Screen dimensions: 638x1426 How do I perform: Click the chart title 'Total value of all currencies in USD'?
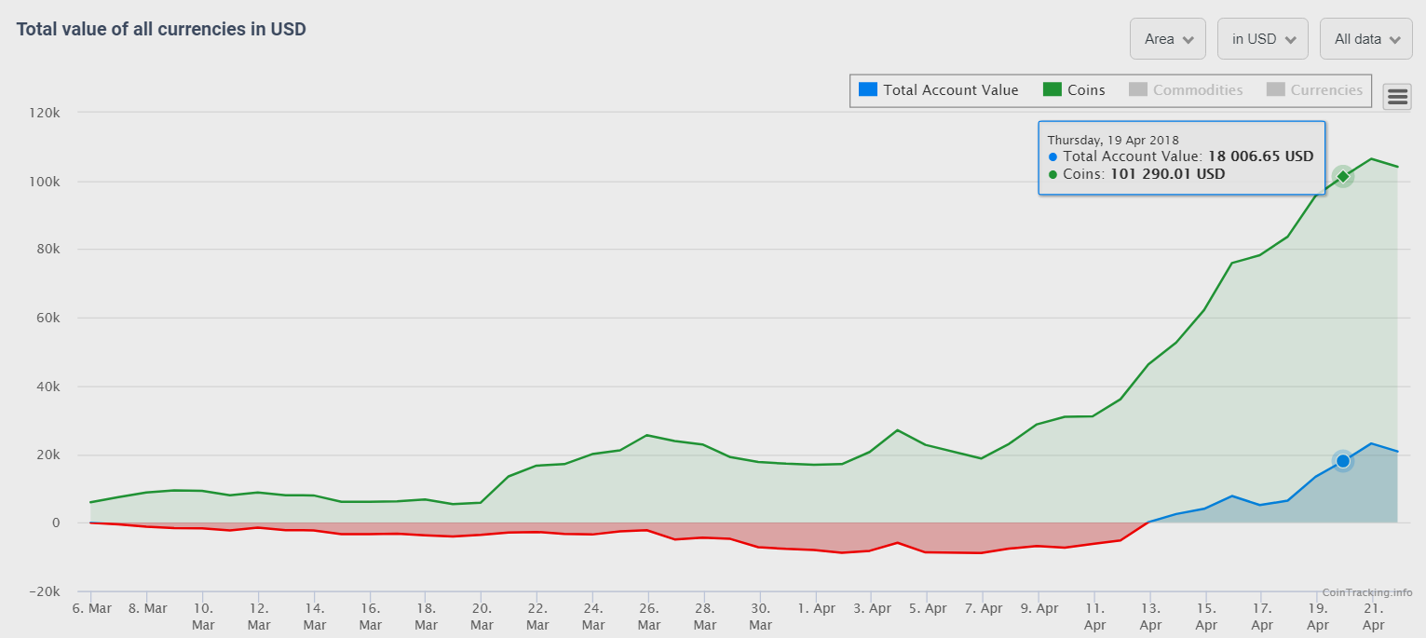click(161, 29)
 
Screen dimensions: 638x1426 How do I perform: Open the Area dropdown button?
click(1167, 39)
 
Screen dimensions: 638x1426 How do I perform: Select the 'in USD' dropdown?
click(1262, 39)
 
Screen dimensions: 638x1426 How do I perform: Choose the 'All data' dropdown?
click(1365, 39)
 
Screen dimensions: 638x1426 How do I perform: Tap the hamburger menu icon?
click(1397, 96)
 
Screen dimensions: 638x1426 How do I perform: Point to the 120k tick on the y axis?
click(44, 113)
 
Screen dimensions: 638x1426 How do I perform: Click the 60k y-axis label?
click(47, 318)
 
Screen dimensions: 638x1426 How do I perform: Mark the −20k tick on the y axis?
click(43, 591)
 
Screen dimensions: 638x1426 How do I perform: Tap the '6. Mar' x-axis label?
click(91, 608)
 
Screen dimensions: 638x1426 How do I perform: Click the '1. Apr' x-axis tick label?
click(816, 608)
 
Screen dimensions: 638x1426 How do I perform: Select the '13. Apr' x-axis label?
click(1150, 617)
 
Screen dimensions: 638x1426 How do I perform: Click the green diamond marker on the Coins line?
click(1342, 177)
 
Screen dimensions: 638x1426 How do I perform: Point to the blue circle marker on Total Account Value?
click(1342, 461)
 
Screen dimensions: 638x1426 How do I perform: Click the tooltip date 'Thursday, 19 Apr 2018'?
click(1113, 140)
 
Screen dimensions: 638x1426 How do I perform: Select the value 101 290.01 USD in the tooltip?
click(1167, 173)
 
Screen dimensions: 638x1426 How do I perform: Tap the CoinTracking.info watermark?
click(1366, 592)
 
